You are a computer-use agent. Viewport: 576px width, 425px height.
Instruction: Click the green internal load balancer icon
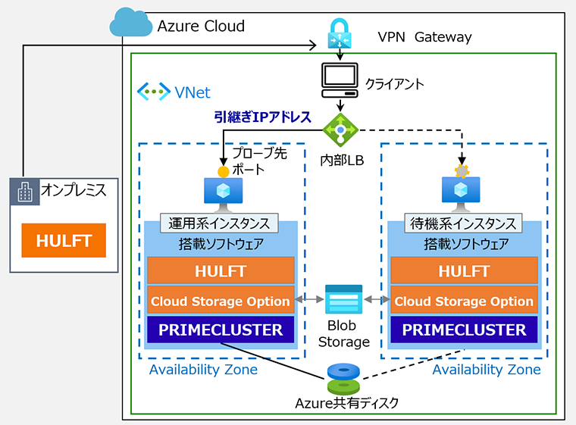[340, 130]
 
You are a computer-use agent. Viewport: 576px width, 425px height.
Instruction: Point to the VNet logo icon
[153, 92]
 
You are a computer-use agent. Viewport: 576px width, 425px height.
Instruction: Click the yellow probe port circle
[223, 171]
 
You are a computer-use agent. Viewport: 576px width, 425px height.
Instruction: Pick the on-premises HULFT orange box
[64, 241]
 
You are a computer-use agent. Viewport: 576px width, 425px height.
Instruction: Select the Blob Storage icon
[343, 300]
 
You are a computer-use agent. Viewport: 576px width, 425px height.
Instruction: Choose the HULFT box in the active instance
[220, 270]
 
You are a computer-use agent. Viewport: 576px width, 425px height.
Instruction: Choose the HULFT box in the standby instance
[463, 270]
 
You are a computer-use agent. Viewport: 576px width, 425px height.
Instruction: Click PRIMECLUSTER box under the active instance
[220, 330]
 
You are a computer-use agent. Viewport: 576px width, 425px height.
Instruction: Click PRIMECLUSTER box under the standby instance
[463, 330]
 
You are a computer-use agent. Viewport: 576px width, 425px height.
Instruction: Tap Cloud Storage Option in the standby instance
[463, 301]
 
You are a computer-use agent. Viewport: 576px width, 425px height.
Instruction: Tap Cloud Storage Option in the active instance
[220, 301]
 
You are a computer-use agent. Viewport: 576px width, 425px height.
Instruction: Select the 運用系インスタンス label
[219, 223]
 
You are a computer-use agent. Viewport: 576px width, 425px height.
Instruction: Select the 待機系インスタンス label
[463, 223]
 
